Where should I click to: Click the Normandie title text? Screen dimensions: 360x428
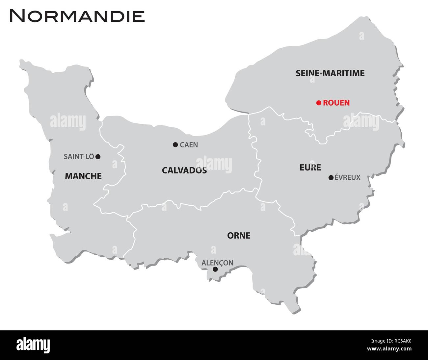point(77,16)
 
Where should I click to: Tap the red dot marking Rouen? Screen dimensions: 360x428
point(318,103)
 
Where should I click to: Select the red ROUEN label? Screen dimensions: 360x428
point(336,103)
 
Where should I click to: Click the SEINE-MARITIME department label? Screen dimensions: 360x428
point(330,73)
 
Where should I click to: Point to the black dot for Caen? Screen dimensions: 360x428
point(175,144)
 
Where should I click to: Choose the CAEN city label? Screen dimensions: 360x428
point(189,145)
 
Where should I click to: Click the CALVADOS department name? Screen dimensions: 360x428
point(184,170)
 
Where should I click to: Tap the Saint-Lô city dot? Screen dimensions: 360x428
point(98,157)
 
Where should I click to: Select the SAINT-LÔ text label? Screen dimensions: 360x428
point(79,157)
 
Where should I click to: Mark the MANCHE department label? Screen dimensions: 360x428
point(83,176)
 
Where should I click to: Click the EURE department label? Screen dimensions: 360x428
point(310,167)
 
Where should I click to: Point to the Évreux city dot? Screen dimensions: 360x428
point(331,178)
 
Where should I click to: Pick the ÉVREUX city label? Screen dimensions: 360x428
point(347,178)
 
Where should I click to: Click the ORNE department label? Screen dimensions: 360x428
point(239,236)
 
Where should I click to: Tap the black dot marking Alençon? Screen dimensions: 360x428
point(215,269)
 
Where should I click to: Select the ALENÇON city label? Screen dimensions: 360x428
point(217,263)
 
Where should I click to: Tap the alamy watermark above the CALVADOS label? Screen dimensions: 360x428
point(214,164)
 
